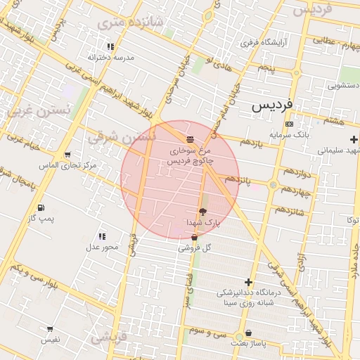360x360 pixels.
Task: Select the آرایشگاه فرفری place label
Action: point(268,43)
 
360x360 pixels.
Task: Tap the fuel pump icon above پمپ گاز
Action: point(40,208)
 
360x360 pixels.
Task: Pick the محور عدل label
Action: point(102,247)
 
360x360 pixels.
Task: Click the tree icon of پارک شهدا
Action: point(203,212)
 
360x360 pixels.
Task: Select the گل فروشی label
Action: point(195,248)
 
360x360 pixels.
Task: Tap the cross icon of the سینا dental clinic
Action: point(247,282)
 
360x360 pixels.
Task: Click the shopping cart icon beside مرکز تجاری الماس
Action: point(67,155)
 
